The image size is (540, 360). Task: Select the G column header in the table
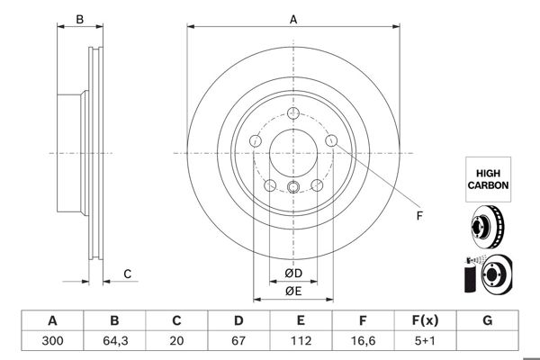pos(487,320)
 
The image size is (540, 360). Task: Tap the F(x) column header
pos(425,320)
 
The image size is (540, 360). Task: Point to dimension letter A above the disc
pos(293,18)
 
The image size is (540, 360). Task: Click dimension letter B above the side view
pos(79,18)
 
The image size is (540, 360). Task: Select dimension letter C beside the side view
pos(128,274)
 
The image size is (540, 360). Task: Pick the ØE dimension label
pos(293,290)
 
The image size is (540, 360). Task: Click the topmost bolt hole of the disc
pos(293,113)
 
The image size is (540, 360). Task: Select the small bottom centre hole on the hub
pos(293,187)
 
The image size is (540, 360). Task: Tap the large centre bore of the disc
pos(293,153)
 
